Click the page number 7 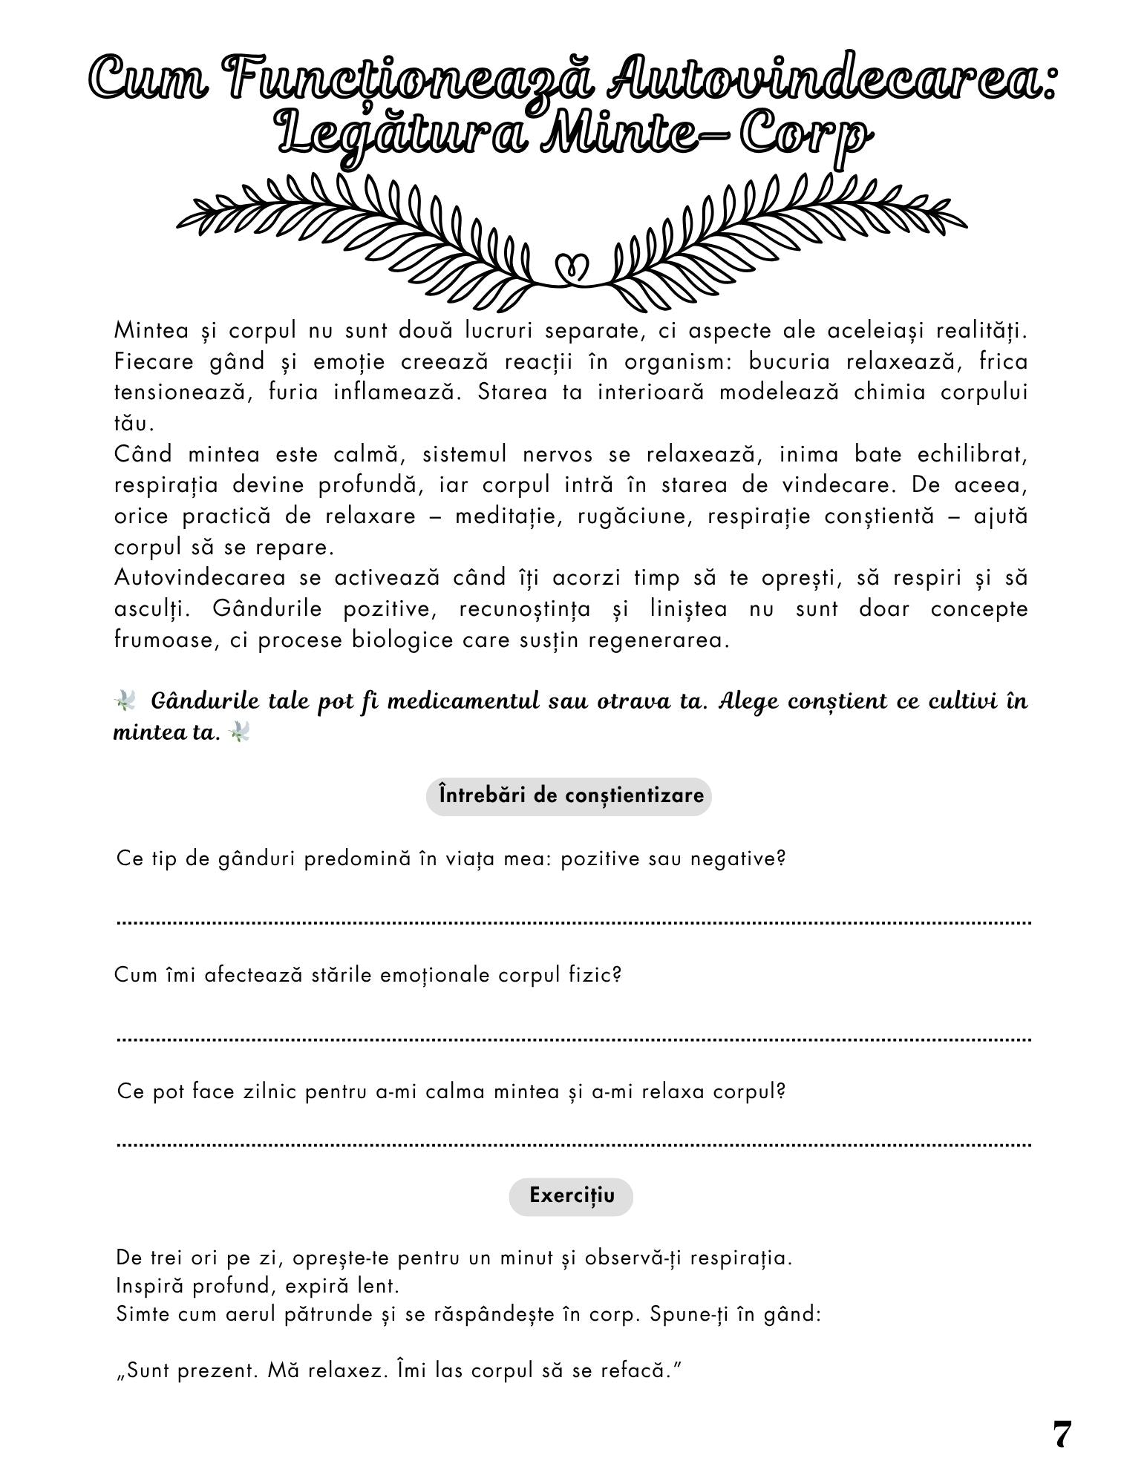pos(1062,1435)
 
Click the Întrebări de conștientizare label pos(569,796)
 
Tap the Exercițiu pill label pos(571,1196)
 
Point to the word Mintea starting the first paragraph pos(154,330)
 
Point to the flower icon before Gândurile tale pos(125,700)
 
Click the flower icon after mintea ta pos(240,733)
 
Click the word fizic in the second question pos(597,975)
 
